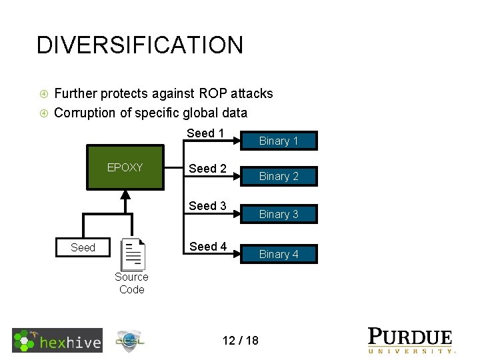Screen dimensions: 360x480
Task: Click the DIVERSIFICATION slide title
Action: (140, 45)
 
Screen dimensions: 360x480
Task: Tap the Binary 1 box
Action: (279, 141)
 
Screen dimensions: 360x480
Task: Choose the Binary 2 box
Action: (279, 176)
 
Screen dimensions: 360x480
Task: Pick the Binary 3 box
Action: (279, 214)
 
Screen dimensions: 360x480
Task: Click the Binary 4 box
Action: (279, 254)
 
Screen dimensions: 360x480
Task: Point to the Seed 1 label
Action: (205, 133)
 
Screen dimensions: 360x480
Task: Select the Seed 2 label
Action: (207, 169)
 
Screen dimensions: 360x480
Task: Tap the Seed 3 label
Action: (207, 206)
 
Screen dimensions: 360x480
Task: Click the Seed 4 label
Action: (207, 246)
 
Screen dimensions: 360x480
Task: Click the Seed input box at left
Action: (83, 247)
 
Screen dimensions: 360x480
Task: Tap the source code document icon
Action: (133, 254)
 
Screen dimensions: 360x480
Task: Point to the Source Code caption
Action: (131, 283)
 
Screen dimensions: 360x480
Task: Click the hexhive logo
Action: (57, 340)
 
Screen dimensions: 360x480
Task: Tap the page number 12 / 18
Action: (240, 341)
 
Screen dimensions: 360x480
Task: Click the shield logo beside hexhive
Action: (130, 341)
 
